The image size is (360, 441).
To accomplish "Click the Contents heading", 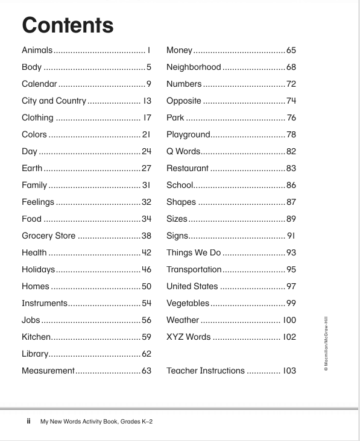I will pos(67,25).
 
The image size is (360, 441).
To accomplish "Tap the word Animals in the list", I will pos(37,51).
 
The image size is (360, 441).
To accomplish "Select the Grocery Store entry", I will pos(49,236).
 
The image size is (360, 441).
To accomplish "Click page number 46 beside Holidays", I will pos(147,269).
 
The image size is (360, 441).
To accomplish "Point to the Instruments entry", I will pos(45,303).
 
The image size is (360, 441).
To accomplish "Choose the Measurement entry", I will pos(48,371).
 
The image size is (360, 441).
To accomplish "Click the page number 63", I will pos(147,371).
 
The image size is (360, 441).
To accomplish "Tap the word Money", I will pos(179,51).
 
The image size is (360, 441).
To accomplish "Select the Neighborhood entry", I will pos(194,67).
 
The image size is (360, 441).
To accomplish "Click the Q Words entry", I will pos(183,151).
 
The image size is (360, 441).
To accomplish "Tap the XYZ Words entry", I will pos(189,337).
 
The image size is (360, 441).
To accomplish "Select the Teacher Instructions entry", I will pos(206,371).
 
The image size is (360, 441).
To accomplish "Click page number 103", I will pos(289,371).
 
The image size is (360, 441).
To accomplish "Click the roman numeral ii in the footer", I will pos(28,421).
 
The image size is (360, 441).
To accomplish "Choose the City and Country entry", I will pos(54,101).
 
